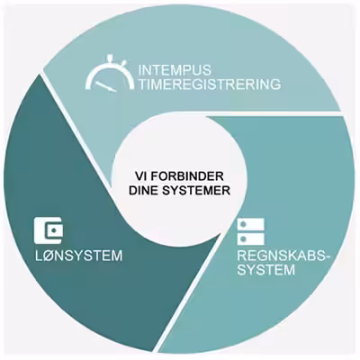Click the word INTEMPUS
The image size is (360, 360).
coord(175,70)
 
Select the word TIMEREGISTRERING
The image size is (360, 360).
coord(210,85)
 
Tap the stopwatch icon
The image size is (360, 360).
coord(110,74)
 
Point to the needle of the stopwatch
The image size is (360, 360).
coord(104,86)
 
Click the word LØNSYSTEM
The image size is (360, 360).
coord(78,256)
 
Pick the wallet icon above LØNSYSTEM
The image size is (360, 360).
coord(49,230)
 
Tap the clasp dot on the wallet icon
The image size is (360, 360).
coord(54,230)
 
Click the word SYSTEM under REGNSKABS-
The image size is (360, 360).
coord(266,270)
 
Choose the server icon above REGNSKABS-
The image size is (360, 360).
coord(251,231)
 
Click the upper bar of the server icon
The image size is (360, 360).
coord(251,224)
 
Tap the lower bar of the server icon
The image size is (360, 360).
coord(251,238)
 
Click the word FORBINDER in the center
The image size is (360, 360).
coord(186,176)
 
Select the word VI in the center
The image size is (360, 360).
coord(140,176)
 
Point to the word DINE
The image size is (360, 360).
coord(143,191)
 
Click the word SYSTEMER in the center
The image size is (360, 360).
coord(196,191)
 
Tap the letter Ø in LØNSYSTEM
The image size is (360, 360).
coord(49,256)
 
